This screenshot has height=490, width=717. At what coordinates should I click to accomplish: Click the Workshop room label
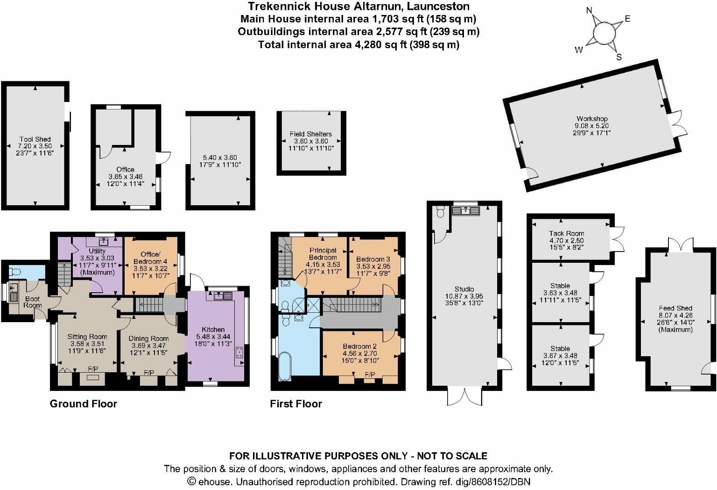click(x=591, y=119)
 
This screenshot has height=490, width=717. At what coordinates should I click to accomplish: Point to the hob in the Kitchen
click(x=240, y=352)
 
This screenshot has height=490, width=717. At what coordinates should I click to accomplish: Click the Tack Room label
click(x=566, y=233)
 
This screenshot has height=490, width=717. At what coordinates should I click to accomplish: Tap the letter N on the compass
click(x=589, y=10)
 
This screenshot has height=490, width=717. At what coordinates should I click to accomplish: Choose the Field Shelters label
click(x=310, y=134)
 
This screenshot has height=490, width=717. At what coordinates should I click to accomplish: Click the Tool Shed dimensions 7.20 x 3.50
click(x=35, y=146)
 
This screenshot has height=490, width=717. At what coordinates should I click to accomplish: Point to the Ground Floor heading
click(x=83, y=404)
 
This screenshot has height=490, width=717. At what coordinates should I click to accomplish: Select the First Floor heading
click(x=296, y=404)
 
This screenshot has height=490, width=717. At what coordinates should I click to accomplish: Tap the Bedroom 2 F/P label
click(x=370, y=375)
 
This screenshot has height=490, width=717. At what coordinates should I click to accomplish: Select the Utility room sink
click(x=104, y=241)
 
